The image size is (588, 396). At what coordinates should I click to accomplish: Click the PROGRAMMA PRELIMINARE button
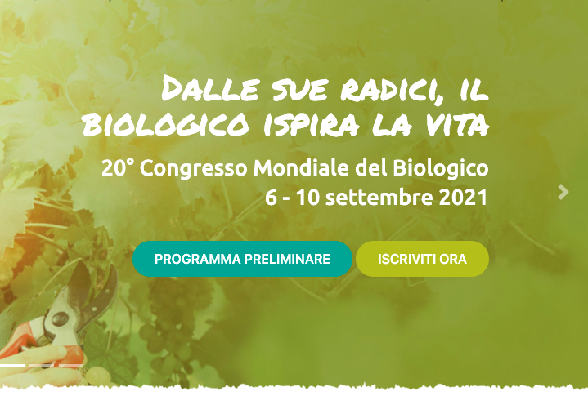(x=242, y=259)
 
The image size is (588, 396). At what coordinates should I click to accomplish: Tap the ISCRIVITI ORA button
(x=422, y=259)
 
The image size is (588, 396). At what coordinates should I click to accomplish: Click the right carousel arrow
(x=563, y=192)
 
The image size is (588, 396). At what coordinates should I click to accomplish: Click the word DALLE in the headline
(x=210, y=88)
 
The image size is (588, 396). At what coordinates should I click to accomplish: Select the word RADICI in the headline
(x=392, y=90)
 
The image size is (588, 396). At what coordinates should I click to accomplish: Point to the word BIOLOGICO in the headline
(x=165, y=124)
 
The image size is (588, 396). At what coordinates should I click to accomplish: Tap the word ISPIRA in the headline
(x=312, y=124)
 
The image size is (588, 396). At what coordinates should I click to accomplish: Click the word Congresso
(x=194, y=168)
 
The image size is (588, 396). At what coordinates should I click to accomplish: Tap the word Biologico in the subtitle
(x=441, y=168)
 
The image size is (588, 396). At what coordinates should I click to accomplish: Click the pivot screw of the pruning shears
(x=60, y=319)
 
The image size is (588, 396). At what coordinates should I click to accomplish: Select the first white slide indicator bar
(x=12, y=365)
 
